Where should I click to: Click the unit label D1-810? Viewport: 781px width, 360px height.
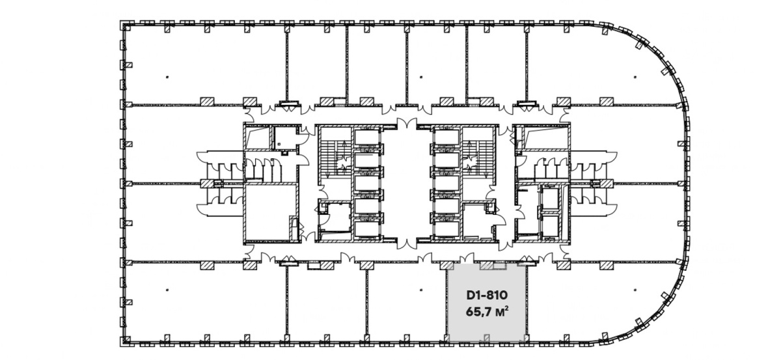pos(487,296)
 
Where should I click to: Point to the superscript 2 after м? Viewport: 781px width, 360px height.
pos(506,309)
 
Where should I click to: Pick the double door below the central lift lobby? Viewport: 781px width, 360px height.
pos(407,243)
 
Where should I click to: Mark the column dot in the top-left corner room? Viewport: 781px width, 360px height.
pos(167,77)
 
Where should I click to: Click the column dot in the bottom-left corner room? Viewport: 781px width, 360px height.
pos(167,290)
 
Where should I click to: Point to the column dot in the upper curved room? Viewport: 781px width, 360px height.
pos(635,77)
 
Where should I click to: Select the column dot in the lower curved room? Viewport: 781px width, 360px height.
pos(635,290)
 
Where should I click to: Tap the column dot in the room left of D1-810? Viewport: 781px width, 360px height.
pos(421,290)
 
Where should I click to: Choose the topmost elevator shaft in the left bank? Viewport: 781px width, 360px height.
pos(366,137)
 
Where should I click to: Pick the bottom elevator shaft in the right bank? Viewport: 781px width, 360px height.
pos(446,228)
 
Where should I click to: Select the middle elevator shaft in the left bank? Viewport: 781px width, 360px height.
pos(366,183)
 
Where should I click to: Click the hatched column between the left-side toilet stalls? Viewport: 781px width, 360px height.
pos(207,184)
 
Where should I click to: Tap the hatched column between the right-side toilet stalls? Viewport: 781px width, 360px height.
pos(607,184)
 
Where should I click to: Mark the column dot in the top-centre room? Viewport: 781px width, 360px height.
pos(421,77)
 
